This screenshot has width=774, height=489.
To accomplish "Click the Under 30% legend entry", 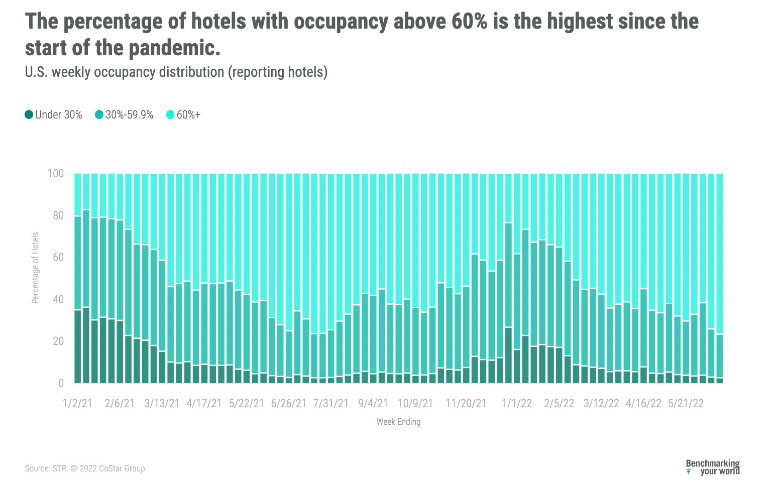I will [54, 115].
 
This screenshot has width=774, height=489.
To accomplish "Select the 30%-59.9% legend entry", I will [125, 115].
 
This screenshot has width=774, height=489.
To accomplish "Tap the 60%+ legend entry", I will [184, 115].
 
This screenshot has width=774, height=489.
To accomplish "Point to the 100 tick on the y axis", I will [55, 174].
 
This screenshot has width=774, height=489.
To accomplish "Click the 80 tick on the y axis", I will [58, 216].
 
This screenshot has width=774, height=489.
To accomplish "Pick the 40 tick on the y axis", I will [58, 300].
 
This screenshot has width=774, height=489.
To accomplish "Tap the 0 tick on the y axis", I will [61, 384].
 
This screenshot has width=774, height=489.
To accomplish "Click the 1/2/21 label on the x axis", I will [78, 404].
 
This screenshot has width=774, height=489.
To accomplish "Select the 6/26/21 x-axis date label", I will [288, 404].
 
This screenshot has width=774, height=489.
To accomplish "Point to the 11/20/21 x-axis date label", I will [466, 404].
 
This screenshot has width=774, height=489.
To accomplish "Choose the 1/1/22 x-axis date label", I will [517, 404].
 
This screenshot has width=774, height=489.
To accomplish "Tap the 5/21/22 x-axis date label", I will [686, 404].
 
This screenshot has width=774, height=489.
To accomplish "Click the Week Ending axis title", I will [398, 422].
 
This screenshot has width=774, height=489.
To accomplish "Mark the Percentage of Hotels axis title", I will [35, 268].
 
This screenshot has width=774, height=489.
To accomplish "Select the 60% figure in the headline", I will [469, 22].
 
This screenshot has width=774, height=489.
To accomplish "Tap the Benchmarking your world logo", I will [713, 467].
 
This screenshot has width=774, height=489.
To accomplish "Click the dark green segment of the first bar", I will [78, 346].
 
